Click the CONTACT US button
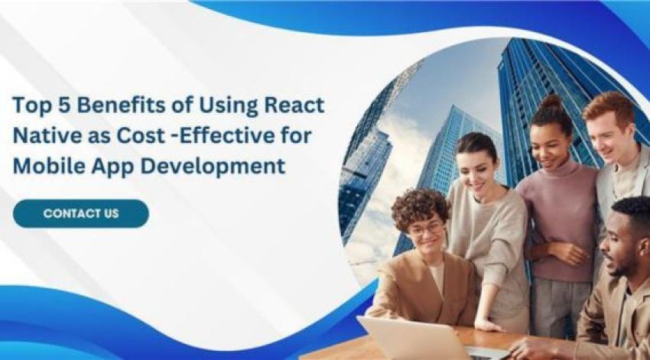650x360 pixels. click(80, 213)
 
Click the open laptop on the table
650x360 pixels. click(413, 337)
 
